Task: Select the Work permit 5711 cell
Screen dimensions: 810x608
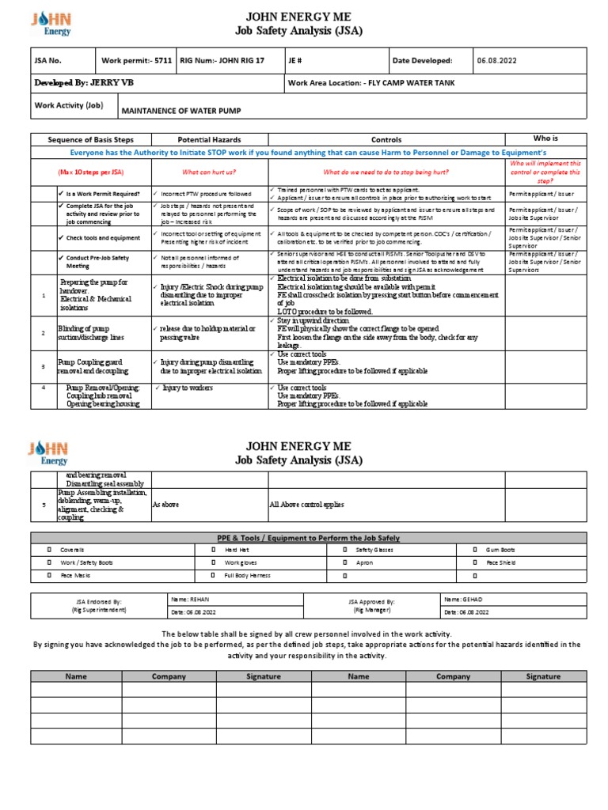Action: coord(132,60)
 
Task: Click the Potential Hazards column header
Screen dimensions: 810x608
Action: coord(209,138)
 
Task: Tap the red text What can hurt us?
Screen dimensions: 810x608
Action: coord(209,172)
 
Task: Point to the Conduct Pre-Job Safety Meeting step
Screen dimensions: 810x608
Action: coord(99,262)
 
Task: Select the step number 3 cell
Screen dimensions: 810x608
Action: coord(44,366)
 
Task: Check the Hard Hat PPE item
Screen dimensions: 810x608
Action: coord(237,548)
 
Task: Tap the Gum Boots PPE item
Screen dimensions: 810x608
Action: coord(500,548)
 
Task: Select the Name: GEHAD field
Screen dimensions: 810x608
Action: coord(463,600)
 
